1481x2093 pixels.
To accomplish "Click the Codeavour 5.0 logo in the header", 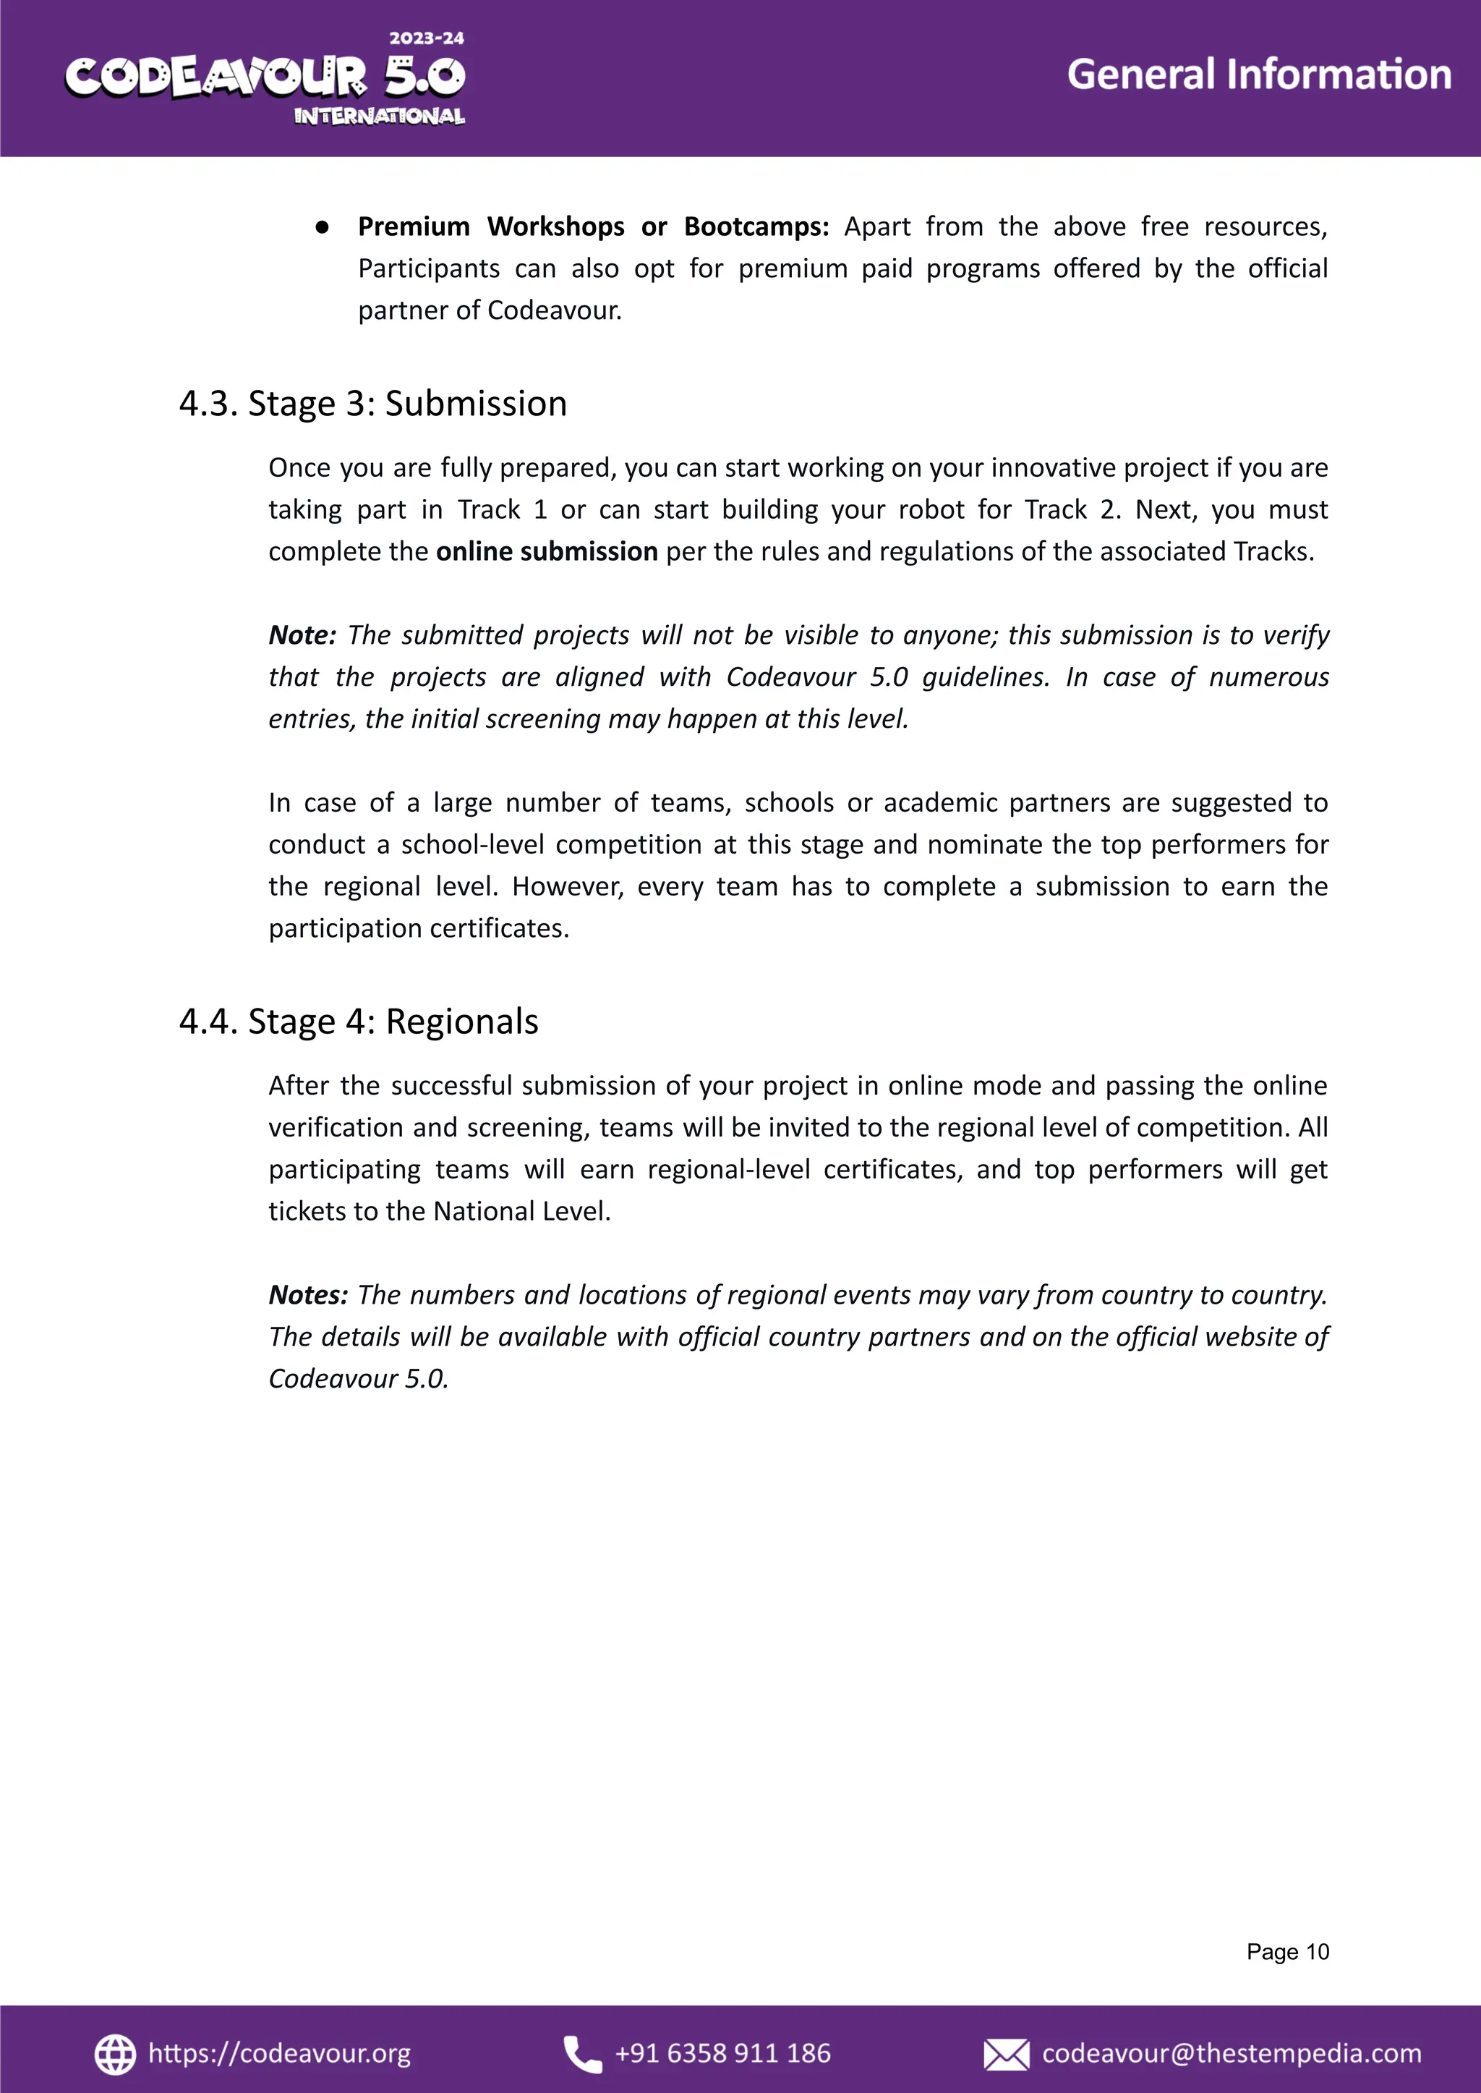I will click(265, 77).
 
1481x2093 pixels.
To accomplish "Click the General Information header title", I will click(1258, 75).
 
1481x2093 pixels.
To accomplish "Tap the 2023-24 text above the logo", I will click(427, 38).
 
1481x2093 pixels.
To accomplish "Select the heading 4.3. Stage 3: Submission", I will click(372, 403).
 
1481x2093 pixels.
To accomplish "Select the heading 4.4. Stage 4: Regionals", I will click(359, 1021).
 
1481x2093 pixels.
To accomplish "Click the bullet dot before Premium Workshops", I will click(322, 227).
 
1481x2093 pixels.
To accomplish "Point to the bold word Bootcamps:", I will click(756, 226).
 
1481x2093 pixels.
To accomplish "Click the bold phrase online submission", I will click(546, 551).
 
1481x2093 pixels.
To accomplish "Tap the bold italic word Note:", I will click(302, 635).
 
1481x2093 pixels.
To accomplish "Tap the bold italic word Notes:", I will click(307, 1295).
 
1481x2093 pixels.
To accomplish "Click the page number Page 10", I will click(1288, 1952).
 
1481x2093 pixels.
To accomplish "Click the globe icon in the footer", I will click(115, 2054).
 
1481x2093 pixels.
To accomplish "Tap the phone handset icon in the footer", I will click(582, 2054).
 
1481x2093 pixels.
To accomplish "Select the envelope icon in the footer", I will click(1006, 2055).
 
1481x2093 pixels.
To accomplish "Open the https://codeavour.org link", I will click(279, 2053).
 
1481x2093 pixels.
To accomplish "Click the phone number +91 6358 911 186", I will click(722, 2053).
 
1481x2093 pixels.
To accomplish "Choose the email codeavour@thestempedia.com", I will click(1231, 2053).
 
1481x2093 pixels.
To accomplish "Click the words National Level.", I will click(520, 1211).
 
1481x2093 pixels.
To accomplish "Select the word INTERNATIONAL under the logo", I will click(380, 116).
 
